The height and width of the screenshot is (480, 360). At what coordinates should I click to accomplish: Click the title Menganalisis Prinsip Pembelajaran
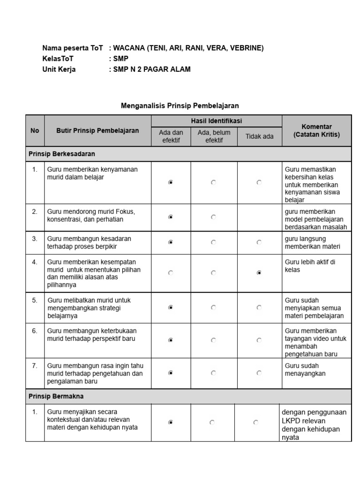pos(180,106)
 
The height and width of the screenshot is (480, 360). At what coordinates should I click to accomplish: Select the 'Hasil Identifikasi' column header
pos(216,121)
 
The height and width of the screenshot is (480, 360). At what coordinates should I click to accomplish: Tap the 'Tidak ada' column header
pos(259,136)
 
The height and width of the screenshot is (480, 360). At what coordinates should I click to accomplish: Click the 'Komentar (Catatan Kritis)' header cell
pos(316,131)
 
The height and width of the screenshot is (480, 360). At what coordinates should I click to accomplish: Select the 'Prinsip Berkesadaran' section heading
pos(62,154)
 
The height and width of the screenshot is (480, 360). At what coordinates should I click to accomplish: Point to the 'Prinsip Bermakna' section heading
pos(56,396)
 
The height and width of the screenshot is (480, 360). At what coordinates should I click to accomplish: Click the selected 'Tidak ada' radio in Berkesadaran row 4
pos(259,273)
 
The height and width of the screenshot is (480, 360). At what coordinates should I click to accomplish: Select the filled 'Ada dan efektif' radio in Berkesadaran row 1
pos(171,183)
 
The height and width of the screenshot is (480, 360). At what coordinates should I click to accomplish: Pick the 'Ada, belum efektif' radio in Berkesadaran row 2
pos(214,217)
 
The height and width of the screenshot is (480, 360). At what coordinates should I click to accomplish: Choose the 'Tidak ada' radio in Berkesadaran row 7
pos(259,373)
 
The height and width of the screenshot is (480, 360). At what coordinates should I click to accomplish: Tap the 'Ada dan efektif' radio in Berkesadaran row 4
pos(171,273)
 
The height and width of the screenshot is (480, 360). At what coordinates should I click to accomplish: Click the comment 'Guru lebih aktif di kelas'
pos(310,266)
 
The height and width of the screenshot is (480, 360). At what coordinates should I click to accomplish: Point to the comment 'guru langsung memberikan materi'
pos(312,242)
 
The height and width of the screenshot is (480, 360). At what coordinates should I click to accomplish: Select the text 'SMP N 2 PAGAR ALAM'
pos(152,69)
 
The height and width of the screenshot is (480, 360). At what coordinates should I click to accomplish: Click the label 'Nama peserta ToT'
pos(72,48)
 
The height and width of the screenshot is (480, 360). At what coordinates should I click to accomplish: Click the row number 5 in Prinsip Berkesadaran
pos(35,300)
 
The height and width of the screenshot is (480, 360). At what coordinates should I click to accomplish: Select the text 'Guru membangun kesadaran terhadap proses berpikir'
pos(89,242)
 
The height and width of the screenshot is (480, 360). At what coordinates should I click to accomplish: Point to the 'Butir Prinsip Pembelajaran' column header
pos(97,131)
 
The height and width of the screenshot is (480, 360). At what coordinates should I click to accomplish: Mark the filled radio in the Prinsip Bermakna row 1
pos(171,422)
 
